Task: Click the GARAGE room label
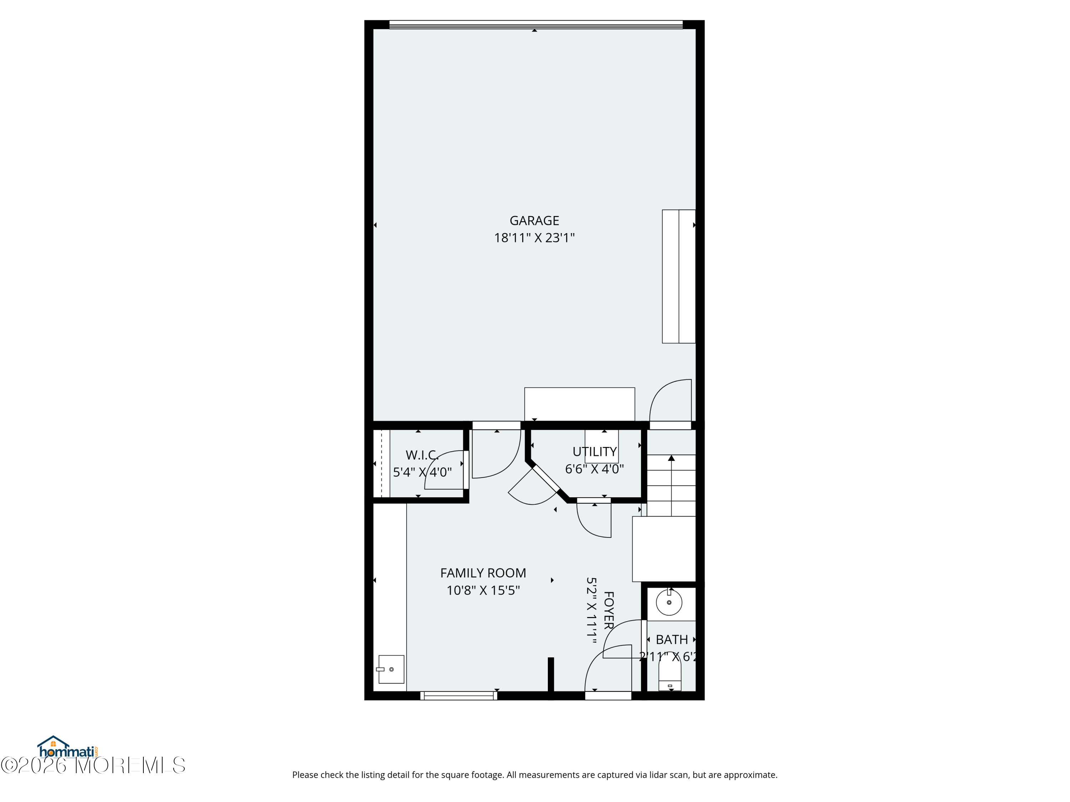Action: [x=534, y=220]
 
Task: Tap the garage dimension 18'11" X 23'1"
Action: [x=534, y=238]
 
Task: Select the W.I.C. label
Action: [x=422, y=455]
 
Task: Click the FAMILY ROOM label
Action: [x=483, y=573]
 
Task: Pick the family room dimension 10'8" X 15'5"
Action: [x=483, y=590]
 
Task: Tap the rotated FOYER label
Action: [x=608, y=610]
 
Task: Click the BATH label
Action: [x=671, y=639]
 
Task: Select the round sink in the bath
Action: [x=669, y=603]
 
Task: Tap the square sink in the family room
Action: [x=391, y=669]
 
